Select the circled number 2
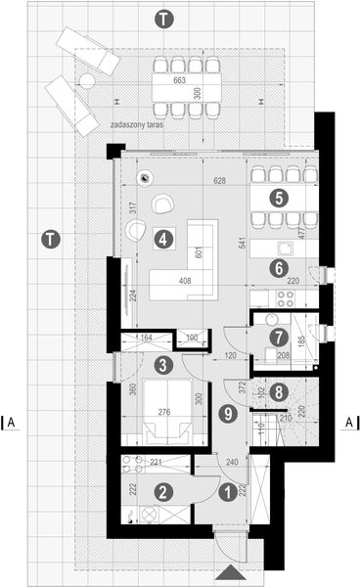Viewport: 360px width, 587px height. pos(165,494)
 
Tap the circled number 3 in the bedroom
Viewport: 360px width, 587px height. pos(165,365)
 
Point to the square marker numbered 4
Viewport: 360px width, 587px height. pos(164,236)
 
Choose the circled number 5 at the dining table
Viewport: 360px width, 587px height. pos(279,197)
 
